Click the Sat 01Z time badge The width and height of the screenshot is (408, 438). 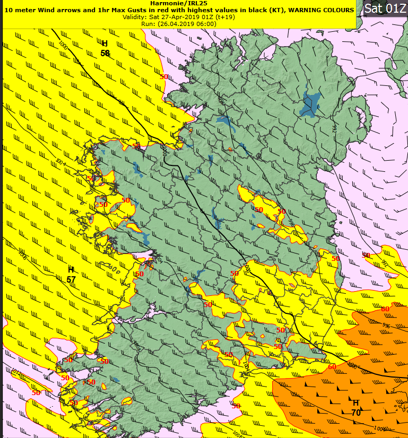[x=385, y=9]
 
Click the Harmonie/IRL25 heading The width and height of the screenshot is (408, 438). [x=178, y=3]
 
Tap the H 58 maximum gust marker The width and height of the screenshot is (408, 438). [x=105, y=48]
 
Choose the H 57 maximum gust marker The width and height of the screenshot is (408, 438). [x=71, y=274]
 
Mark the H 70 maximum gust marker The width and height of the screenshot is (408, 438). [x=355, y=407]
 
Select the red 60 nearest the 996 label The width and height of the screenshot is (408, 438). [x=385, y=309]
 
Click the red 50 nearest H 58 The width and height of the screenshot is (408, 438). [x=164, y=76]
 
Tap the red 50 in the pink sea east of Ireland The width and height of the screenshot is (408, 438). [x=366, y=255]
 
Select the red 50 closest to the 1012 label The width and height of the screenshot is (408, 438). [x=36, y=393]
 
